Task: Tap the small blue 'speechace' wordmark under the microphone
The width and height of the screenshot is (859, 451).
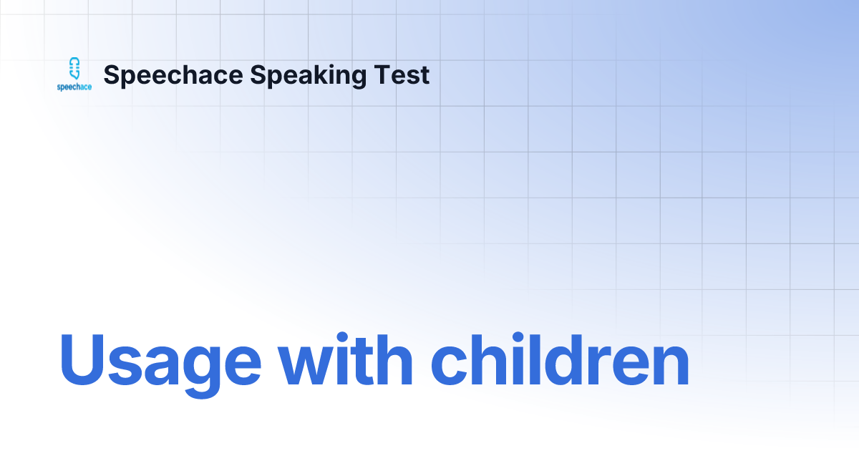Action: click(x=74, y=87)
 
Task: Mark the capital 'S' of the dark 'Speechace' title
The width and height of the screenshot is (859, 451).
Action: click(x=112, y=75)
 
